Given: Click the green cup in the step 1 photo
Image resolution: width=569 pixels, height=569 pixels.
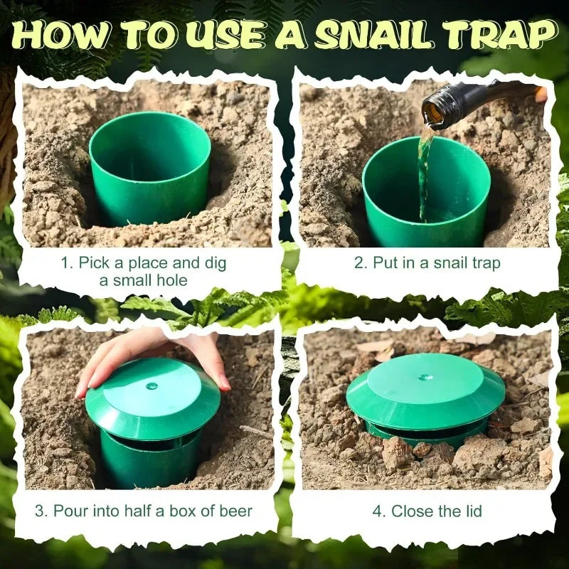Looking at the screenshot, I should click(149, 167).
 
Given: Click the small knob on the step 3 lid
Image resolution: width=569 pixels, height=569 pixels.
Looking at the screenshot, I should click(151, 386).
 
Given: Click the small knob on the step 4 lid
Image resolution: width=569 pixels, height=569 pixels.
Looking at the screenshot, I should click(425, 378).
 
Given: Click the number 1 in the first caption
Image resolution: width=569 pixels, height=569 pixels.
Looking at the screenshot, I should click(65, 263).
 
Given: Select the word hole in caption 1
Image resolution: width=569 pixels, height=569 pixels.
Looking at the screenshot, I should click(171, 280).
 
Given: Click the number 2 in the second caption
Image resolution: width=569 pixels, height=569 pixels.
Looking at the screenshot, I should click(359, 263).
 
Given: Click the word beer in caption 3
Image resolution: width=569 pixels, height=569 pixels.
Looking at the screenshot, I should click(235, 510).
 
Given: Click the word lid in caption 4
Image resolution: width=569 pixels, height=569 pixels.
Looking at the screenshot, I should click(471, 510).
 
